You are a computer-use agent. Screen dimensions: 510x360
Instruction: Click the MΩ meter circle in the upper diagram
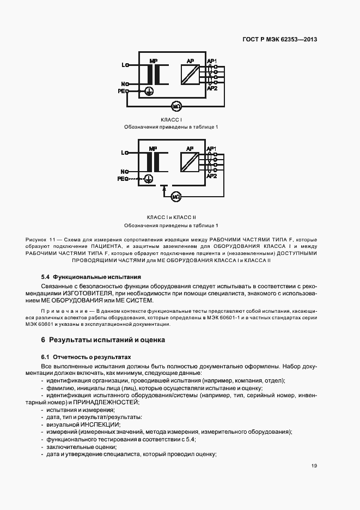(x=176, y=105)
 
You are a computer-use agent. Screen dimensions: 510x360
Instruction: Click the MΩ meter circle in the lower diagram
(x=176, y=196)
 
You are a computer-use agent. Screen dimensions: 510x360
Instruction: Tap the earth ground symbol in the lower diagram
(x=149, y=178)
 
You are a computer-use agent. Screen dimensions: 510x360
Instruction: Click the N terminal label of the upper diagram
(x=124, y=83)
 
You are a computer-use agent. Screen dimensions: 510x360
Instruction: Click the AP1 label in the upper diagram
(x=212, y=60)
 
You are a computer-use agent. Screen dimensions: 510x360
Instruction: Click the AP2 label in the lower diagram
(x=212, y=176)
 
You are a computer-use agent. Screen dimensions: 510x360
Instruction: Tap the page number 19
(x=314, y=465)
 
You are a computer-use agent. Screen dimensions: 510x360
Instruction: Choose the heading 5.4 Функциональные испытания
(x=91, y=277)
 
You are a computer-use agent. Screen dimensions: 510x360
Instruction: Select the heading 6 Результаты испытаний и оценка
(x=103, y=340)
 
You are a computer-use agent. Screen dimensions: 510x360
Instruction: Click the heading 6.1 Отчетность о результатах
(x=87, y=356)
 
